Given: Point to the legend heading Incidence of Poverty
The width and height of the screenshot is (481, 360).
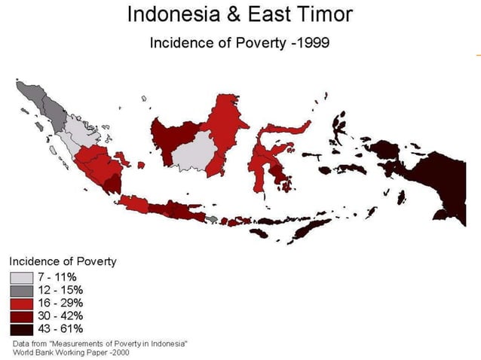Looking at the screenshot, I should coord(63,261).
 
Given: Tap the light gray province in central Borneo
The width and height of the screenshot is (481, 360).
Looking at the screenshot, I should coord(192,151).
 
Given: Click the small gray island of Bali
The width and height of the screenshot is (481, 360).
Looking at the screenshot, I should coord(213,219).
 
